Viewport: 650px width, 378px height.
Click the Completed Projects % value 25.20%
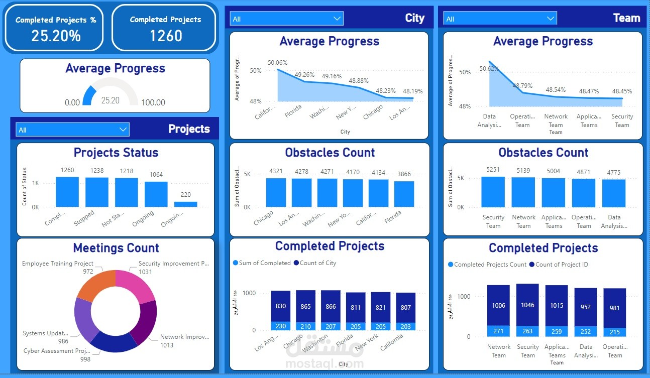click(x=56, y=36)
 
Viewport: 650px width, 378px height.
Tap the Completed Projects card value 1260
click(x=166, y=36)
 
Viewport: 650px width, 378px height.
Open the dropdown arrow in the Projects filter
click(x=123, y=130)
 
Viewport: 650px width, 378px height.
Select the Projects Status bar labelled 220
click(x=186, y=204)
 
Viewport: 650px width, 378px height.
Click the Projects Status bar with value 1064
click(x=156, y=194)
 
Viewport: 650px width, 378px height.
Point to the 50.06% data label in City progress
click(x=278, y=63)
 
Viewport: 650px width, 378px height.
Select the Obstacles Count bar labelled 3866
click(x=404, y=194)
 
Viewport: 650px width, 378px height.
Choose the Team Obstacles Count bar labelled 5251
click(x=493, y=192)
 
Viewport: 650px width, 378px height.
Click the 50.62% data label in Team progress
click(x=489, y=69)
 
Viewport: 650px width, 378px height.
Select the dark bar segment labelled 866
click(x=331, y=306)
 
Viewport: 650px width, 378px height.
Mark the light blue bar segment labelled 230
click(x=281, y=326)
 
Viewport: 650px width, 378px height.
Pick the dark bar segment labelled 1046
click(x=527, y=305)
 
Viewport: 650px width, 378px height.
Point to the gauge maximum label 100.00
click(x=153, y=102)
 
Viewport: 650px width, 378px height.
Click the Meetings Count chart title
click(x=116, y=248)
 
